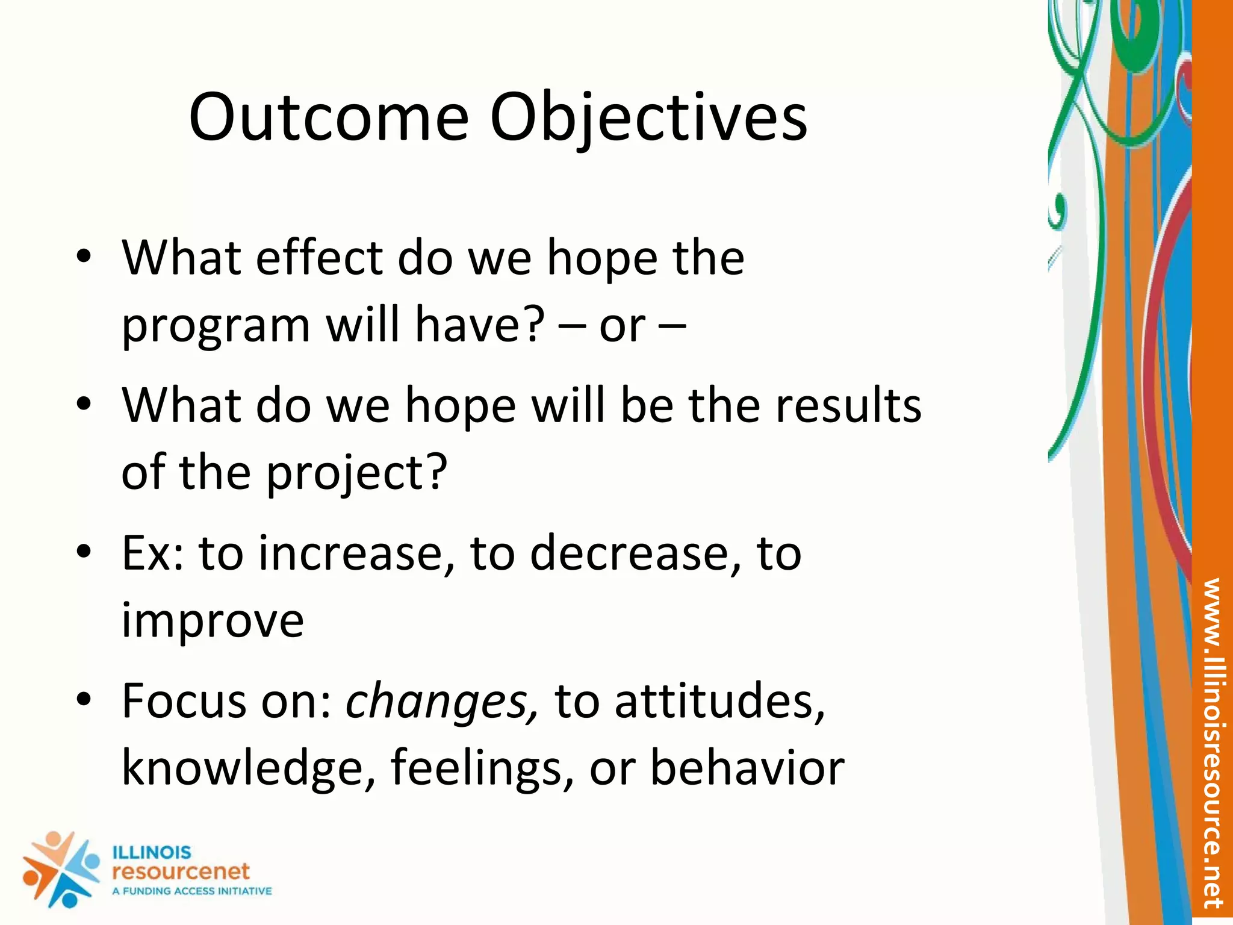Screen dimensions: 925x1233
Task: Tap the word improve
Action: (213, 621)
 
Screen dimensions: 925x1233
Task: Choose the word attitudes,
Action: (719, 702)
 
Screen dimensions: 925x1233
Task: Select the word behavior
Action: (747, 768)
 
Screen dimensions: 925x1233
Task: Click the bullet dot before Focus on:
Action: (84, 700)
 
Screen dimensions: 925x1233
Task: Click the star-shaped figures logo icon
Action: (60, 869)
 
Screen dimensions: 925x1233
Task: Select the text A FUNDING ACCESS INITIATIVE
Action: (192, 891)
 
